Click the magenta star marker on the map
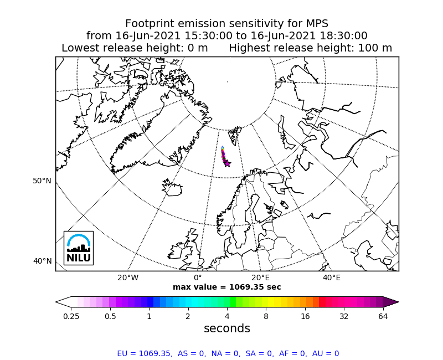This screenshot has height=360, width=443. pyautogui.click(x=227, y=163)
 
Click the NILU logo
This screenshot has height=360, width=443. pyautogui.click(x=79, y=248)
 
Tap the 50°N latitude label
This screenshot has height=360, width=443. pyautogui.click(x=42, y=181)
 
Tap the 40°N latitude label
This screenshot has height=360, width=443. pyautogui.click(x=42, y=261)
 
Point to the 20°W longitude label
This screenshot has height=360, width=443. pyautogui.click(x=128, y=277)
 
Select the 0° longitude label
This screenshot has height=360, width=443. pyautogui.click(x=198, y=277)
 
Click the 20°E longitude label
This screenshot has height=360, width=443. pyautogui.click(x=261, y=277)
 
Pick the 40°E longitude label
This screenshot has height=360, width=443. pyautogui.click(x=332, y=277)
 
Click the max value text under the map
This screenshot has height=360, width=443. pyautogui.click(x=226, y=287)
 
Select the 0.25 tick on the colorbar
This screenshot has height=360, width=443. pyautogui.click(x=70, y=316)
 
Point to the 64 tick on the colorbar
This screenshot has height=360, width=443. pyautogui.click(x=383, y=316)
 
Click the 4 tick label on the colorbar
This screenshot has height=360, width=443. pyautogui.click(x=227, y=316)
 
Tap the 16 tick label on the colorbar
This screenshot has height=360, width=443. pyautogui.click(x=305, y=316)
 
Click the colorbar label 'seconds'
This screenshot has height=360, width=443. pyautogui.click(x=226, y=328)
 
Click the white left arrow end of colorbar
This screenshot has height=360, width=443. pyautogui.click(x=63, y=302)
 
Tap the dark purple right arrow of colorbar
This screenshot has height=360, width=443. pyautogui.click(x=391, y=302)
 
